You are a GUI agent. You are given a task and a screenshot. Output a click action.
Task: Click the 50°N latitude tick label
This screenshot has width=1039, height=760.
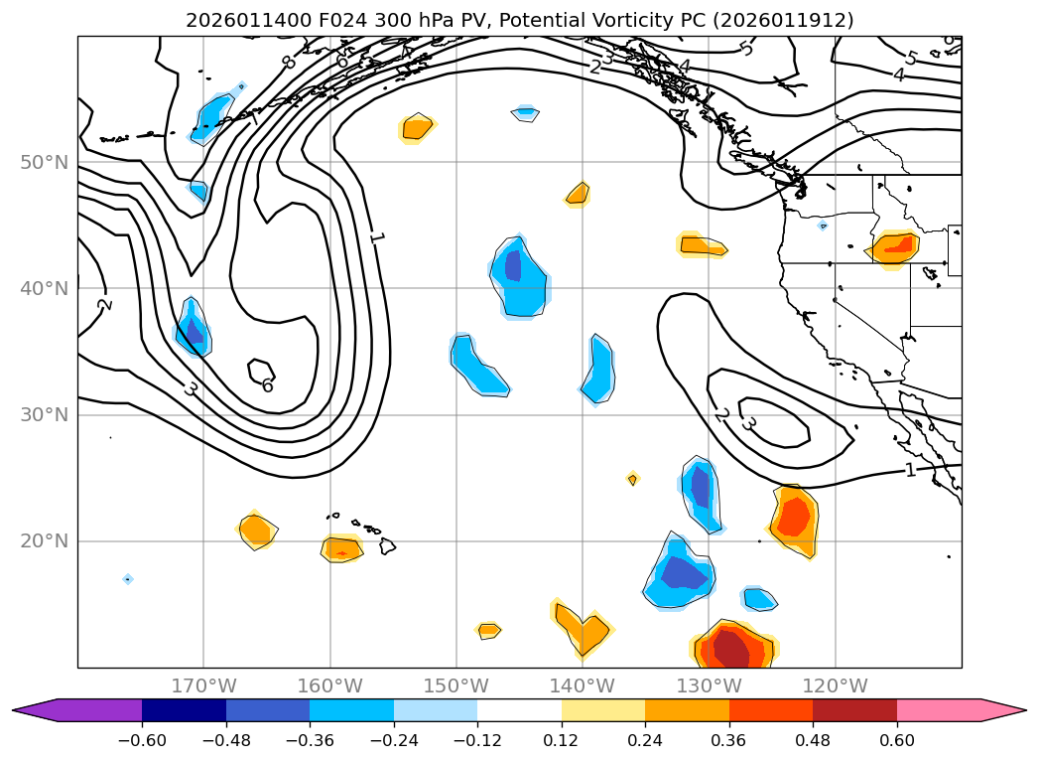(45, 162)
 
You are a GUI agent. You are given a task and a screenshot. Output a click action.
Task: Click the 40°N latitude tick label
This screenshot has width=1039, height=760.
(45, 288)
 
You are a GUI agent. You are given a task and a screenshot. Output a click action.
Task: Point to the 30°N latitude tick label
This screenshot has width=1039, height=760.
(45, 414)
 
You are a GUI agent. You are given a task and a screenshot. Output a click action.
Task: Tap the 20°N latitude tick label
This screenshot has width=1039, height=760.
(45, 541)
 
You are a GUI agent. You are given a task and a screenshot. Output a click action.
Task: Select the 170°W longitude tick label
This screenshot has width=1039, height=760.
(203, 685)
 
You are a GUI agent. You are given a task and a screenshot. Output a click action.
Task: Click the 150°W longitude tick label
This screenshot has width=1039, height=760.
(456, 685)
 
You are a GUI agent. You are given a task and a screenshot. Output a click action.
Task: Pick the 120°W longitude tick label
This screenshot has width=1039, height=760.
(836, 685)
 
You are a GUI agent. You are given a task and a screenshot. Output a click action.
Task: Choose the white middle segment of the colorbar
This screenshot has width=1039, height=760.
(519, 710)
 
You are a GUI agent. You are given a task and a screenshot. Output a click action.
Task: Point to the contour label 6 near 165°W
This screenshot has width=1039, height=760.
(267, 385)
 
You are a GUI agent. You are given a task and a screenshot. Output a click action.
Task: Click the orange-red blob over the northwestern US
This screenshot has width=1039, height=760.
(896, 245)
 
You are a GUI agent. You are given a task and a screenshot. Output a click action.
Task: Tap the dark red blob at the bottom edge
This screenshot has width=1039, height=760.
(732, 651)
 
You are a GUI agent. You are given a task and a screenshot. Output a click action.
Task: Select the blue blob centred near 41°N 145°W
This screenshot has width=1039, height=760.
(517, 275)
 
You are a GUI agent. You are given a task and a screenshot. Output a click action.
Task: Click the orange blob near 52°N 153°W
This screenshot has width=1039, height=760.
(418, 127)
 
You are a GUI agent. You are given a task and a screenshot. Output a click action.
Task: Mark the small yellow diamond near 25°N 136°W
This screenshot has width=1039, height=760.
(632, 480)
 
